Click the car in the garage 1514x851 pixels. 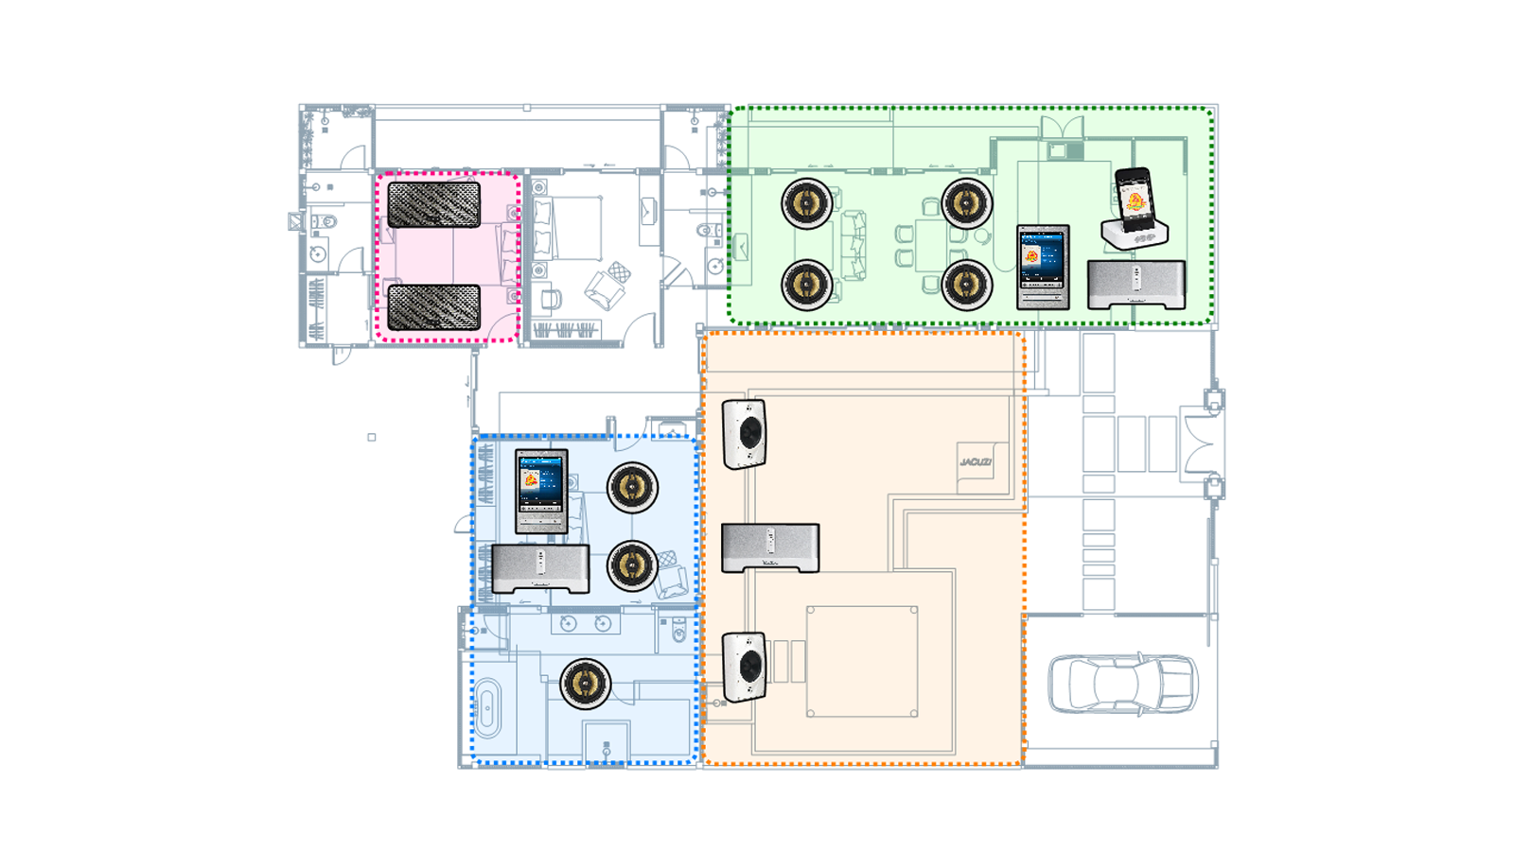[x=1122, y=683]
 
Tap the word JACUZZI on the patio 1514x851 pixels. [x=976, y=462]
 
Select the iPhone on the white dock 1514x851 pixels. [x=1134, y=195]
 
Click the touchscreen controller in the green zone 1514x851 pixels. [x=1043, y=267]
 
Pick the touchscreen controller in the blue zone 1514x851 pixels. [x=541, y=491]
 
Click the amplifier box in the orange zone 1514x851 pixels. [x=770, y=547]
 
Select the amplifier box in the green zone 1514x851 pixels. [x=1135, y=285]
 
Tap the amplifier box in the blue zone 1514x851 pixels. [x=540, y=568]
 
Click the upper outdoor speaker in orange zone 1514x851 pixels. [x=745, y=435]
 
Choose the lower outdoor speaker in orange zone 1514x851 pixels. [x=745, y=668]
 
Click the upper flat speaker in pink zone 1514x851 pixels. [x=434, y=204]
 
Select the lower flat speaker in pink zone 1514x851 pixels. [x=434, y=307]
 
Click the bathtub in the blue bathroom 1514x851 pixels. [x=486, y=708]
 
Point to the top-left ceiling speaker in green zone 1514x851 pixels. [x=807, y=202]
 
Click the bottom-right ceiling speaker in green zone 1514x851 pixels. [x=967, y=284]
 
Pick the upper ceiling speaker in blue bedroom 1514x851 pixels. [x=632, y=488]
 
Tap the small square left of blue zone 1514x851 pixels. [x=372, y=437]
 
